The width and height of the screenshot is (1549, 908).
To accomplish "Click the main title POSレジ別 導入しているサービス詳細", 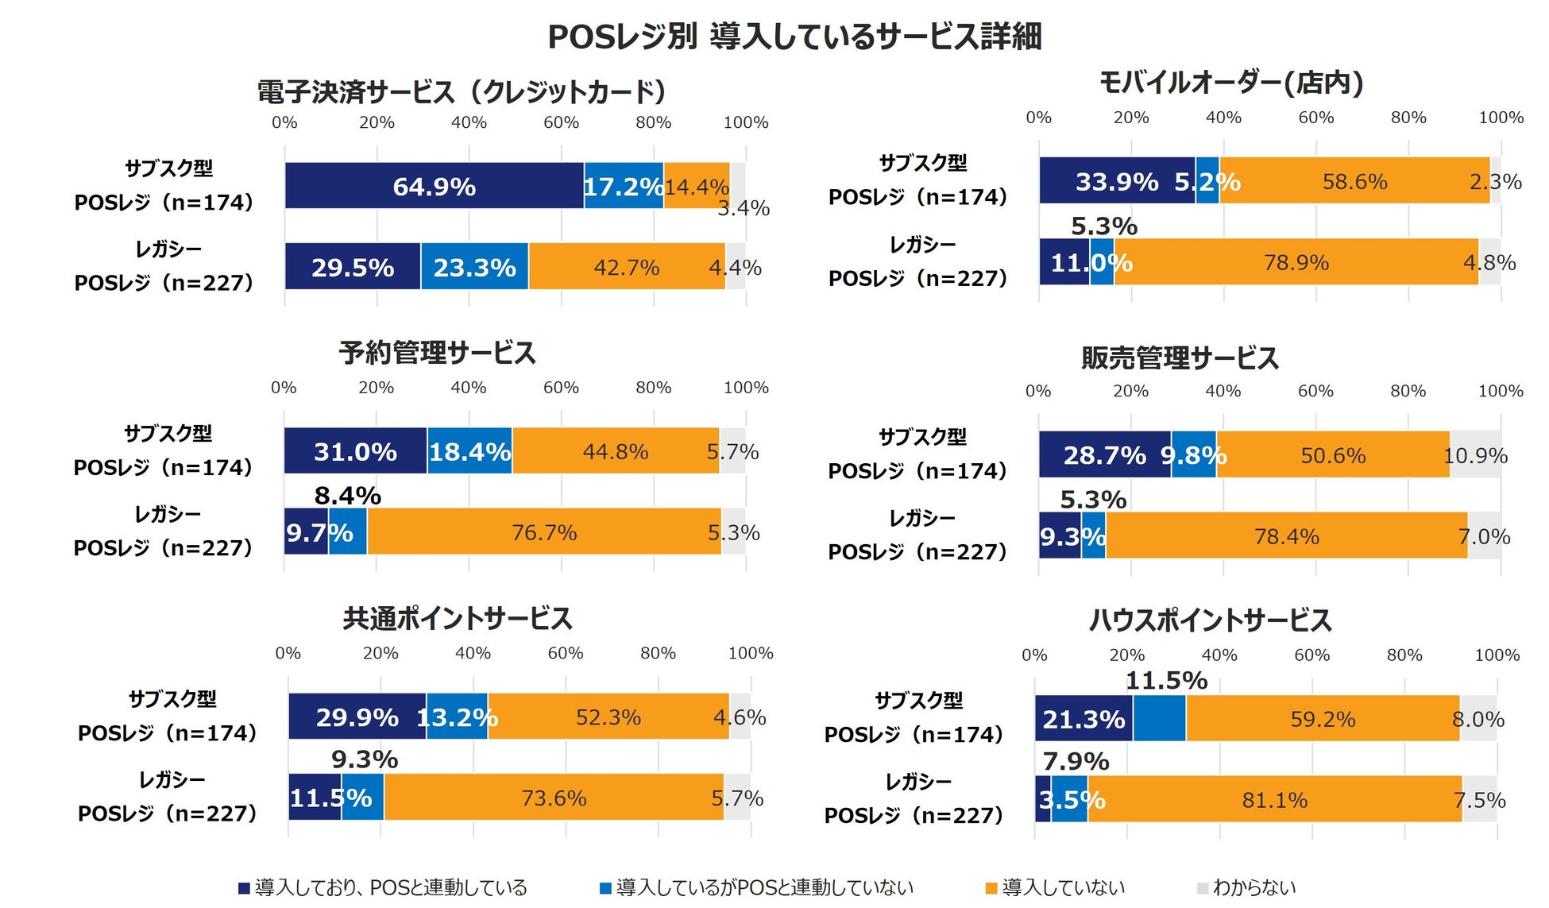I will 794,37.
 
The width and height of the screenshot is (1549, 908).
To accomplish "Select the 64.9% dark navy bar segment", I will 434,186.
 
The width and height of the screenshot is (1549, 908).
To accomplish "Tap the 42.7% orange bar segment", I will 626,267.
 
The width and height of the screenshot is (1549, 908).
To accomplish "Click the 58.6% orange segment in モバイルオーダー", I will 1354,181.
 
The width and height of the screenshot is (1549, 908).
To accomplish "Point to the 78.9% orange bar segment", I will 1296,262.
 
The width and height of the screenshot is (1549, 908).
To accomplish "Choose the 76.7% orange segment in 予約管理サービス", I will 544,532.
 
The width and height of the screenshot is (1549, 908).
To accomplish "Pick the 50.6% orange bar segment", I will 1332,455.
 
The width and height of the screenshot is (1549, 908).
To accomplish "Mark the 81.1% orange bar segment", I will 1274,800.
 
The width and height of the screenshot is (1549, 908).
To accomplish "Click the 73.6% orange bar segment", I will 554,798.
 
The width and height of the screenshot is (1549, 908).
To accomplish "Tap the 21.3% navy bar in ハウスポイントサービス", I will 1084,719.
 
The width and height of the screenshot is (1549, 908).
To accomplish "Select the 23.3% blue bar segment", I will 474,267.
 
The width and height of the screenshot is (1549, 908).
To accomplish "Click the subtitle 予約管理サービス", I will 437,353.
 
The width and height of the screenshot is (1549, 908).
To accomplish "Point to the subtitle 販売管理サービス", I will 1180,358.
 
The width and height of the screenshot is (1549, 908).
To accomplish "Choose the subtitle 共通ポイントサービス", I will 458,619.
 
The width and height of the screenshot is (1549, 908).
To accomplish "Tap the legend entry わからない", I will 1253,887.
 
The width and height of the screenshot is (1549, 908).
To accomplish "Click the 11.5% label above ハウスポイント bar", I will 1166,681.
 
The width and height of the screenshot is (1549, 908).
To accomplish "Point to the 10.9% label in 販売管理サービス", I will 1475,455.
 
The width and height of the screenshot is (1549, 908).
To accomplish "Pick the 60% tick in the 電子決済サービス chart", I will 561,122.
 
